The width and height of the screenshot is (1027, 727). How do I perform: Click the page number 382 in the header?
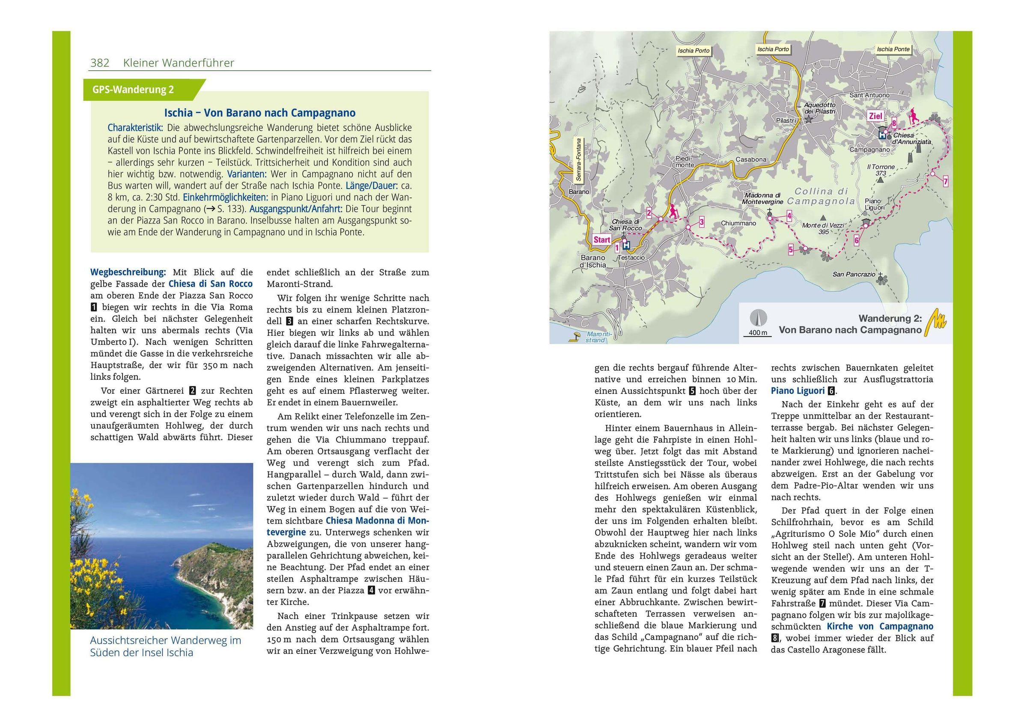(x=100, y=63)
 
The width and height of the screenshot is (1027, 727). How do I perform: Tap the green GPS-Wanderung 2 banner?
(x=133, y=90)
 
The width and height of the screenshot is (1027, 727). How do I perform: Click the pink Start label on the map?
(x=601, y=239)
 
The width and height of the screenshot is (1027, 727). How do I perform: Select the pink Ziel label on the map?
(x=875, y=116)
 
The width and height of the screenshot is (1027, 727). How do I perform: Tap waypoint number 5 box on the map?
(x=791, y=250)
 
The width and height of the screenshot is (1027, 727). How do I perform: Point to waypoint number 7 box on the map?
(x=945, y=181)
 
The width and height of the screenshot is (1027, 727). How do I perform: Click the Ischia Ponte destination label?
(x=893, y=49)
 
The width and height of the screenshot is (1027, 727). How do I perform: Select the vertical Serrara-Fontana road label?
(x=579, y=159)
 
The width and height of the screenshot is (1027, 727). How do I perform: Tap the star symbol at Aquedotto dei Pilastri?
(x=808, y=120)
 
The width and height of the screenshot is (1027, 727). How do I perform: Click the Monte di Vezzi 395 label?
(x=823, y=228)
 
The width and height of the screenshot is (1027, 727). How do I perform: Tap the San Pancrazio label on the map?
(x=854, y=274)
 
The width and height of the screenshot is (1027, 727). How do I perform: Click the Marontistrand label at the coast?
(x=597, y=337)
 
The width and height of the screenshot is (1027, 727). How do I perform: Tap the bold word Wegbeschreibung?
(x=128, y=272)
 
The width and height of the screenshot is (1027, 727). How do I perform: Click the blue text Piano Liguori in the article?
(x=798, y=391)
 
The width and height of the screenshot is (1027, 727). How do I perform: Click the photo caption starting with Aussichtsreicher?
(x=166, y=646)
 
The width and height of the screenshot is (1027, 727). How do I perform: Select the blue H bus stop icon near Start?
(x=626, y=245)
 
